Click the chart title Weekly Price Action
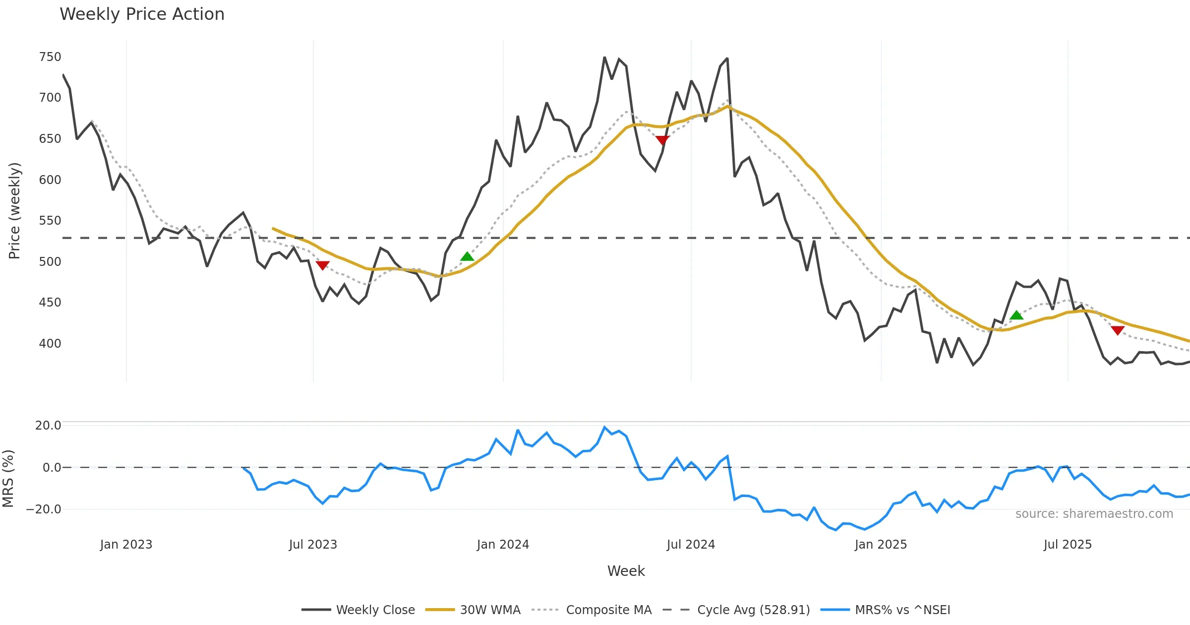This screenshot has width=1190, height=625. (x=142, y=14)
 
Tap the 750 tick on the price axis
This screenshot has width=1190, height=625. (x=50, y=57)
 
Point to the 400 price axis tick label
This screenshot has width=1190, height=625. (x=50, y=343)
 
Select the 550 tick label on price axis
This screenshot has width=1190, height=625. (x=50, y=221)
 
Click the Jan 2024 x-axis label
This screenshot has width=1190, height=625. (x=503, y=545)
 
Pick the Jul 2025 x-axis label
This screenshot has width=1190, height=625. (x=1068, y=545)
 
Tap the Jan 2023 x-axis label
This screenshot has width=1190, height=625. (x=126, y=545)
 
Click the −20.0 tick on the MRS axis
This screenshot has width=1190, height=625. (x=44, y=509)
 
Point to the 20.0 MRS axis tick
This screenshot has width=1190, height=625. (x=48, y=426)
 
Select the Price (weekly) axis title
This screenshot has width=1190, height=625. (x=14, y=211)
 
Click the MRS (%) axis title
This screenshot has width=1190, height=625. (x=8, y=479)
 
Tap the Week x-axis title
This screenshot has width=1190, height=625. (x=626, y=571)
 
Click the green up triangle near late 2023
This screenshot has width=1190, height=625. (x=467, y=256)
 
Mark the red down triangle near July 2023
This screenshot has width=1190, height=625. (x=323, y=265)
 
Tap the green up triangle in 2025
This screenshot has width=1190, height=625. (x=1016, y=315)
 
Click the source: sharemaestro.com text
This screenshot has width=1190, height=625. (x=1094, y=514)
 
